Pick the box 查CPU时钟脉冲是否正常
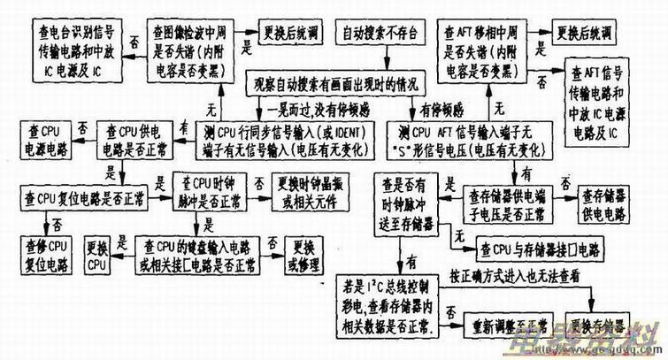(x=210, y=189)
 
